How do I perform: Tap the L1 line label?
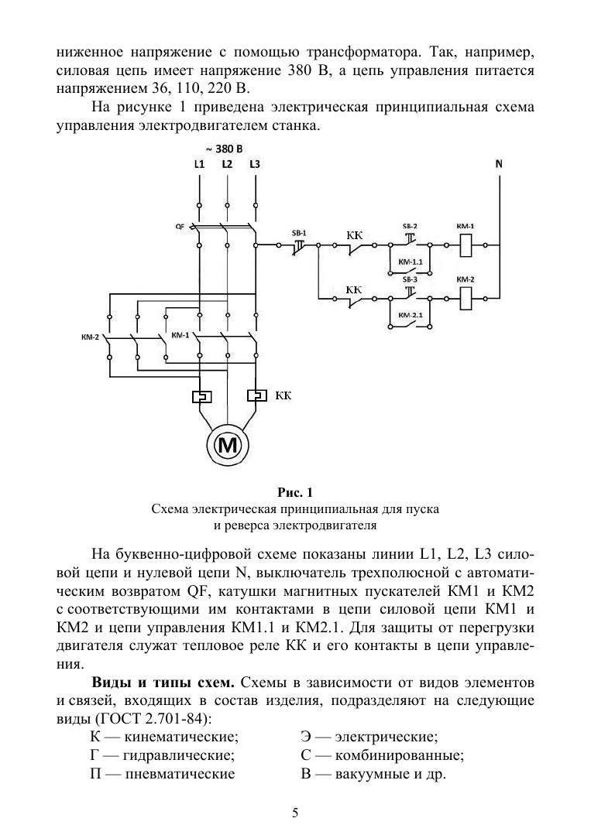[x=199, y=164]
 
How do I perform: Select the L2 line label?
[x=227, y=164]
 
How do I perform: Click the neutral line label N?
[x=499, y=164]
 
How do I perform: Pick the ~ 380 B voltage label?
[x=223, y=148]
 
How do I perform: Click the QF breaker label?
[x=180, y=227]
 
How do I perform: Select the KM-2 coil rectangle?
[x=466, y=296]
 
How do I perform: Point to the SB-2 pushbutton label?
[x=410, y=226]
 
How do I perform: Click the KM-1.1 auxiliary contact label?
[x=411, y=263]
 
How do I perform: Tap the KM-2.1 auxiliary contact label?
[x=411, y=316]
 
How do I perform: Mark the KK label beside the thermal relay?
[x=283, y=395]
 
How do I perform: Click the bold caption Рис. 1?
[x=295, y=492]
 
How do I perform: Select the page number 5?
[x=295, y=813]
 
